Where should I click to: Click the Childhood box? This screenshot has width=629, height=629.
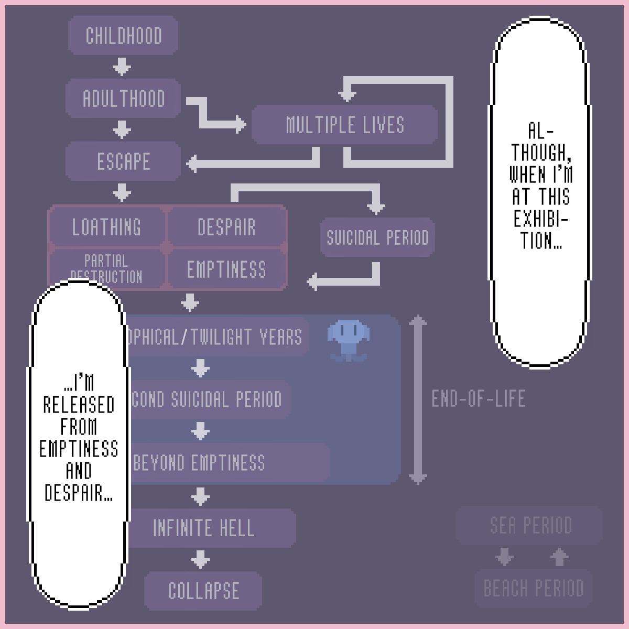tap(123, 36)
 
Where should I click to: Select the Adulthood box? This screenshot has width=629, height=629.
tap(123, 99)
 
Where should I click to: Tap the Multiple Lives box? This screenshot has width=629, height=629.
tap(344, 125)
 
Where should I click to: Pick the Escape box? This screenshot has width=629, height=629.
tap(123, 161)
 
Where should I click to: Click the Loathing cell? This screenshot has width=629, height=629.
tap(106, 227)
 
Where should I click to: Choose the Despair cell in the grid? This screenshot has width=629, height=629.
tap(226, 227)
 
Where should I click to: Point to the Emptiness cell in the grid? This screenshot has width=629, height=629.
tap(226, 269)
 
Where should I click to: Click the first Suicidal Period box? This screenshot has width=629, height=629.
tap(377, 237)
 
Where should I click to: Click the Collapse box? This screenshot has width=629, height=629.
tap(203, 591)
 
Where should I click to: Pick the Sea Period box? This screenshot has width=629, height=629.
tap(530, 525)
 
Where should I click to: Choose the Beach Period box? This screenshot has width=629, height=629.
tap(533, 588)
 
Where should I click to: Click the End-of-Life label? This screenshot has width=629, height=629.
tap(478, 399)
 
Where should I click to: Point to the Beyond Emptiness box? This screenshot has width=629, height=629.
tap(225, 463)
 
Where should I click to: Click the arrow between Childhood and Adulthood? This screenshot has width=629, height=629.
tap(122, 67)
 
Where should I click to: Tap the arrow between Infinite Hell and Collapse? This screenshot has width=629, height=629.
tap(200, 559)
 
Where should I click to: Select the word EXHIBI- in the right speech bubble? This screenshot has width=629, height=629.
tap(540, 219)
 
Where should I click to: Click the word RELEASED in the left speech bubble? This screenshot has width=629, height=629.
tap(79, 405)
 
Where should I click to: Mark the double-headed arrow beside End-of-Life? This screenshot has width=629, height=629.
tap(418, 399)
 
